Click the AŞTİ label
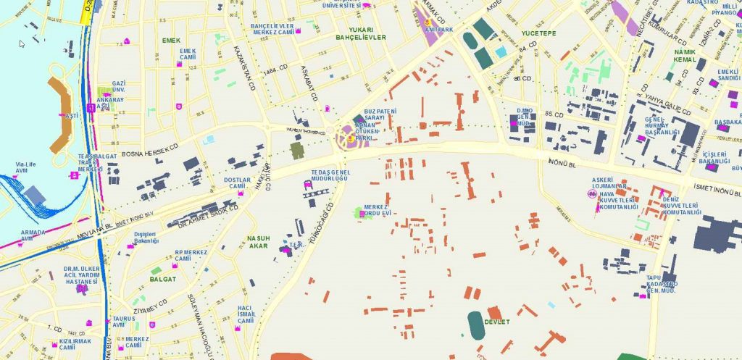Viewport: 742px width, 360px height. [x=72, y=116]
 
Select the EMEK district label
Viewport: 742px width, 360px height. [x=171, y=41]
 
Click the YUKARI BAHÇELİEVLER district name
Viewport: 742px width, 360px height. [x=360, y=33]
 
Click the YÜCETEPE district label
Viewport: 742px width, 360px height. [x=538, y=33]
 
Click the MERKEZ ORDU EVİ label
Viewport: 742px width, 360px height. [x=378, y=210]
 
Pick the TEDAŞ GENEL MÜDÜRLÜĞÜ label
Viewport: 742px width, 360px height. [x=330, y=175]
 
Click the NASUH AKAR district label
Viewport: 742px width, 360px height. [x=259, y=242]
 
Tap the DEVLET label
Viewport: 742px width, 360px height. [x=497, y=321]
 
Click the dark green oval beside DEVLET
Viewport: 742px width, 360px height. [x=476, y=325]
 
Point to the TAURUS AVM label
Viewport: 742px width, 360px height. [x=124, y=322]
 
